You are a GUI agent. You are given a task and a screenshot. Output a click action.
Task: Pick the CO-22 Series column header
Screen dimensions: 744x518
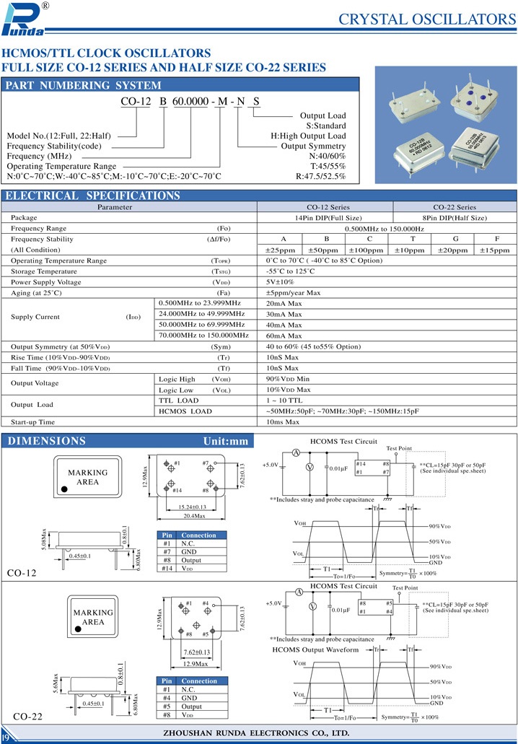pos(455,207)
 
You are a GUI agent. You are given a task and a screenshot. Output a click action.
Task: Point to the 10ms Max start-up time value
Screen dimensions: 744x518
pos(284,421)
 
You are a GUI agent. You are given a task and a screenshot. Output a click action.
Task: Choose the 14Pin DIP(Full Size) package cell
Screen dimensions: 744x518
pos(328,218)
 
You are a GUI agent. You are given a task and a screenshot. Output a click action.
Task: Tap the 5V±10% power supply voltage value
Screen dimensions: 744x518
pos(280,282)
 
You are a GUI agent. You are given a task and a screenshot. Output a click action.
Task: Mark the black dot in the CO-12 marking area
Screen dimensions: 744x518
pos(64,489)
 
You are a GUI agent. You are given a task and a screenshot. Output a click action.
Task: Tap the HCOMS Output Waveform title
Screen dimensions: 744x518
pos(315,649)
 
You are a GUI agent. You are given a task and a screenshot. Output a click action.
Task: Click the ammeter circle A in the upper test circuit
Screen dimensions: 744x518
pos(296,452)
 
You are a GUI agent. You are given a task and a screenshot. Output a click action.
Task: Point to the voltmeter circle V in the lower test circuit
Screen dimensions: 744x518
pos(312,607)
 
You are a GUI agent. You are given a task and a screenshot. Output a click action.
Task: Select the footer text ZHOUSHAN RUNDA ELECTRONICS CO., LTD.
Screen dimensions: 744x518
pos(258,733)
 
